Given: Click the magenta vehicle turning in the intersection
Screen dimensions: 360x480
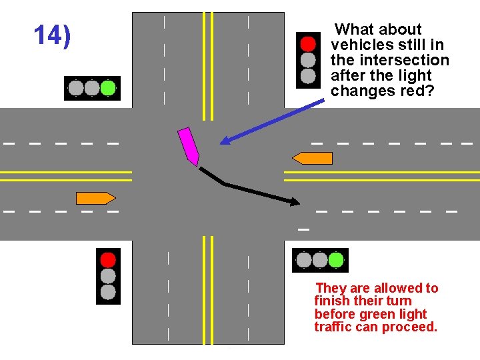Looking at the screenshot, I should [189, 147].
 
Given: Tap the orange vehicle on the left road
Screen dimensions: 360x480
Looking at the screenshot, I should [95, 198].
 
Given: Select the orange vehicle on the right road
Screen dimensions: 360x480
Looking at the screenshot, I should [313, 158].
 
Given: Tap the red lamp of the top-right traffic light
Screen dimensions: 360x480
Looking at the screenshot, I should [307, 44].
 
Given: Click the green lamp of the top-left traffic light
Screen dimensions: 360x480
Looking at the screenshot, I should [108, 88].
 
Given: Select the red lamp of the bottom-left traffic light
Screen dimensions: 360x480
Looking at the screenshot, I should [108, 259].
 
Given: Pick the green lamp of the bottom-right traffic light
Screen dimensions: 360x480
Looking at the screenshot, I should [336, 260].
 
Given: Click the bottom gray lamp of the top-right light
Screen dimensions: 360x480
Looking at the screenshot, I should [307, 76].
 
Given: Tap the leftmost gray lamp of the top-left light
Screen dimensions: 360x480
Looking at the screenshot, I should [76, 88].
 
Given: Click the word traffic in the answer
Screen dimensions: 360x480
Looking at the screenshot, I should [333, 327].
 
